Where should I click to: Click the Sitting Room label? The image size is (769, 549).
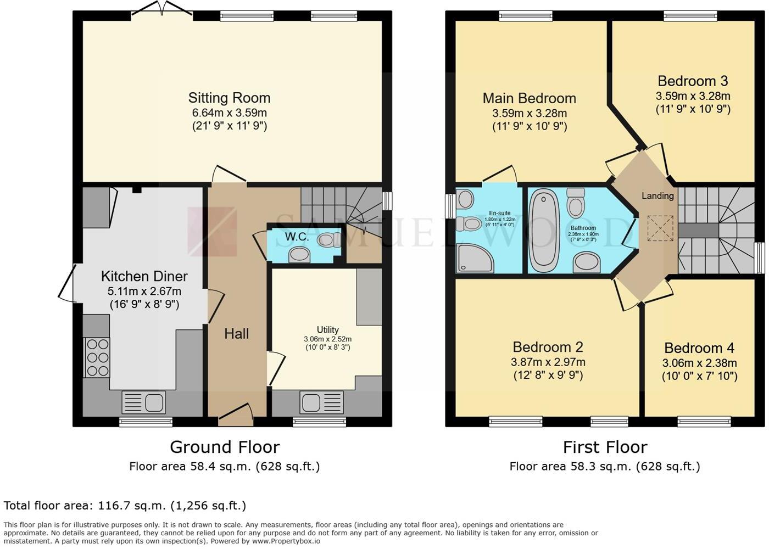click(x=229, y=98)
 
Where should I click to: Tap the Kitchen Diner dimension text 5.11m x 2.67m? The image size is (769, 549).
click(x=144, y=291)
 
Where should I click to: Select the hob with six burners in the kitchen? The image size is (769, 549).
click(x=97, y=357)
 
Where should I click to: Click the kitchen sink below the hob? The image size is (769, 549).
click(x=143, y=402)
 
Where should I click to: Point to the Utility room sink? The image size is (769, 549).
click(x=321, y=402)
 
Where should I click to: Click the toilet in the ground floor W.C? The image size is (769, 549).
click(x=328, y=239)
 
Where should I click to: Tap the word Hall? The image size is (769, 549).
click(x=236, y=334)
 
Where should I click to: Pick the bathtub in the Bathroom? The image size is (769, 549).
click(x=544, y=231)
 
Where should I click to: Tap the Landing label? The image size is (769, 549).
click(x=657, y=196)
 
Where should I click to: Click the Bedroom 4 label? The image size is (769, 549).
click(x=699, y=348)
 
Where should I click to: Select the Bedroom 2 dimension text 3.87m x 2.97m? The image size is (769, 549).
click(x=548, y=362)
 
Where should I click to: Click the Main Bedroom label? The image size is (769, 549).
click(x=529, y=98)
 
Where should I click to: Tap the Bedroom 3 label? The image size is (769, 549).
click(x=693, y=81)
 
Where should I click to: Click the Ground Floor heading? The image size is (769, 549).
click(x=225, y=447)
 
